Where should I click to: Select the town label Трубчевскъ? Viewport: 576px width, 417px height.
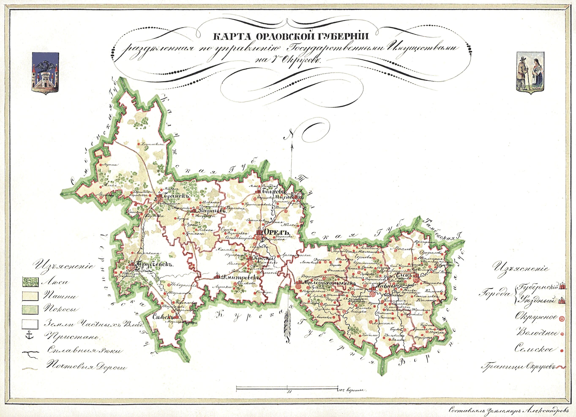(x=154, y=265)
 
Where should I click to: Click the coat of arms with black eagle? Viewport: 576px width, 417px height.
(x=46, y=73)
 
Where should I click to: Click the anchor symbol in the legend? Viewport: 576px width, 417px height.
(x=30, y=335)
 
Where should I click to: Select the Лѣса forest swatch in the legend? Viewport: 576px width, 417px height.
(x=30, y=282)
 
